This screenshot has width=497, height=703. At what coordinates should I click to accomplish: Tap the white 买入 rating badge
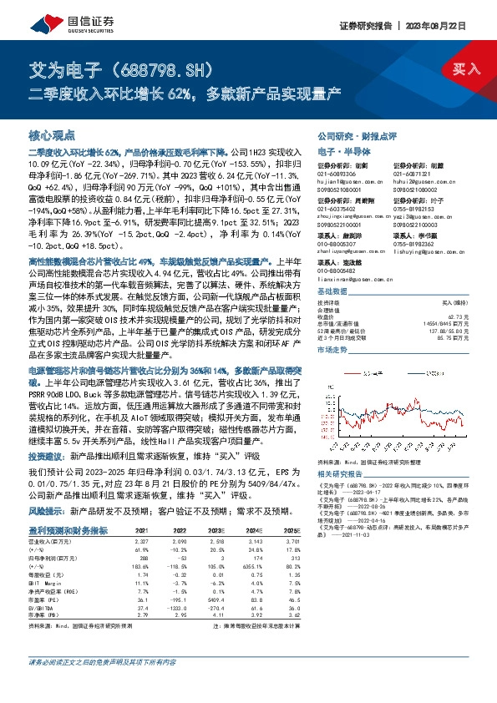pyautogui.click(x=464, y=68)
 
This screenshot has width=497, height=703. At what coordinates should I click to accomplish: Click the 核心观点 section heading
pyautogui.click(x=52, y=134)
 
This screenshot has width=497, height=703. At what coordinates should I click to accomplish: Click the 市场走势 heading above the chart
pyautogui.click(x=333, y=351)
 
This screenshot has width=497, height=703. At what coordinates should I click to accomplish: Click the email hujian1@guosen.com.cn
pyautogui.click(x=347, y=180)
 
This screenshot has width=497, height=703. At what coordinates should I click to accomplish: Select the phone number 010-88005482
pyautogui.click(x=338, y=270)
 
